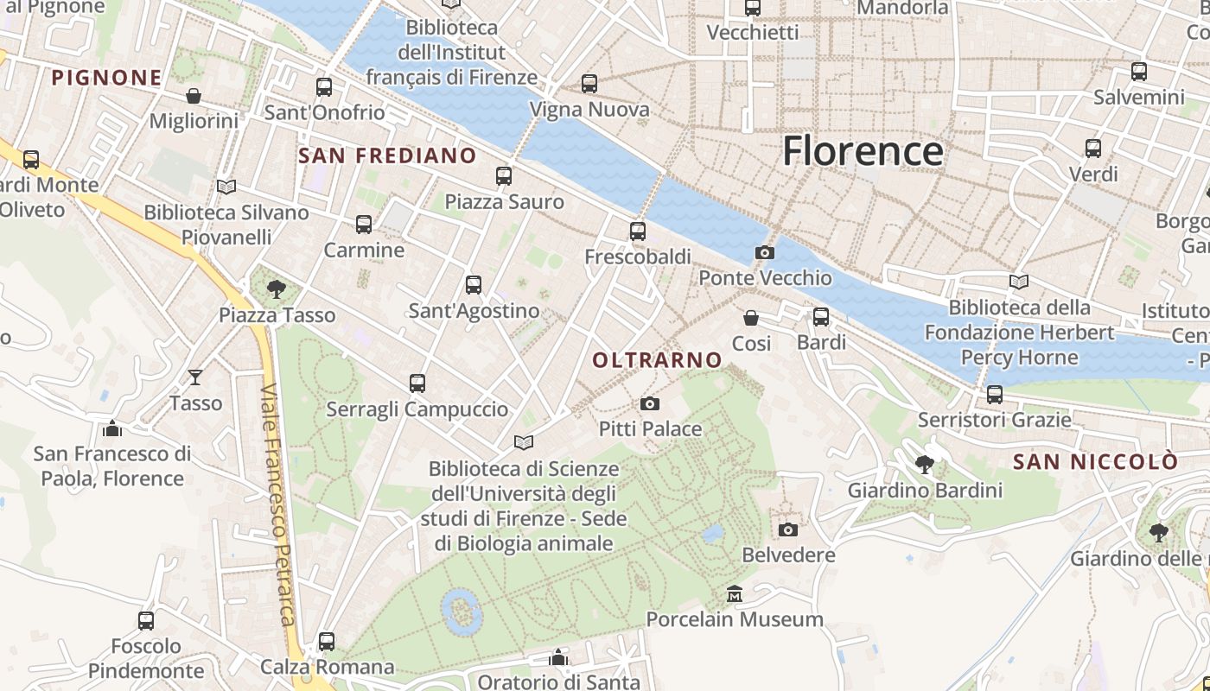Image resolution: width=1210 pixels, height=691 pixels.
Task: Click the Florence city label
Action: click(x=862, y=151)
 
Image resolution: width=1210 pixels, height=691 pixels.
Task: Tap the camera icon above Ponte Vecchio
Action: click(x=764, y=252)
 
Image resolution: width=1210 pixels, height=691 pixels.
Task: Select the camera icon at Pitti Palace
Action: click(x=650, y=403)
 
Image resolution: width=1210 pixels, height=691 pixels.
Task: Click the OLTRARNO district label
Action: click(x=658, y=360)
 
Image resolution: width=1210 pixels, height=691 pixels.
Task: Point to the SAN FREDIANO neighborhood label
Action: click(x=387, y=155)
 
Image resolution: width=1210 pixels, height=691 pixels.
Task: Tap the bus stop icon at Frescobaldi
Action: click(x=638, y=231)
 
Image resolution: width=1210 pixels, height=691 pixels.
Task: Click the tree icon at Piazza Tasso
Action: click(x=277, y=289)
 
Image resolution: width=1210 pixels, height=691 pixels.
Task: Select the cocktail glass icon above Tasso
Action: click(x=195, y=377)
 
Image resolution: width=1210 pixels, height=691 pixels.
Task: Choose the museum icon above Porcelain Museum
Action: click(x=735, y=593)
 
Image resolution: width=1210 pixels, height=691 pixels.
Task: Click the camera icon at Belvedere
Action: click(x=788, y=529)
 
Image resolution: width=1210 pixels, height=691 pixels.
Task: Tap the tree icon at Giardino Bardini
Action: click(x=925, y=464)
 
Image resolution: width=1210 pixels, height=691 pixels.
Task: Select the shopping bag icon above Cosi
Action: click(x=751, y=318)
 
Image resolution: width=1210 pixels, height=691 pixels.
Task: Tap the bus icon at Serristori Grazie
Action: click(x=995, y=394)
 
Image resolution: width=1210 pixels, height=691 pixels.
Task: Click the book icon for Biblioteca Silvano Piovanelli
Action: click(x=226, y=187)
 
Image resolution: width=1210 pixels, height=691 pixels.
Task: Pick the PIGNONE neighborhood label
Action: click(x=106, y=78)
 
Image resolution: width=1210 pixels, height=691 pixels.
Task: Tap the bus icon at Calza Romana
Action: click(x=327, y=642)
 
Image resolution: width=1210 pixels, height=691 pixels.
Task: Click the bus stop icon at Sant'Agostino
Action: click(x=474, y=284)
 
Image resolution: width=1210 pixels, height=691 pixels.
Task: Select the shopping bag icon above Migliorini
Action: click(x=194, y=95)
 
